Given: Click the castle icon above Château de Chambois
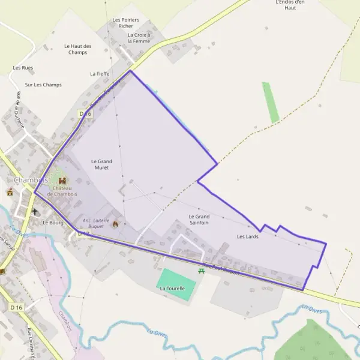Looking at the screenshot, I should (62, 181).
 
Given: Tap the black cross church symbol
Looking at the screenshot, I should (35, 212).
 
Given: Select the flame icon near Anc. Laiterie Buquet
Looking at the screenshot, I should (116, 223).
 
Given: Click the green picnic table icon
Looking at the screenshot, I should (202, 271).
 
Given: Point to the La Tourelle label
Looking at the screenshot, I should (172, 289).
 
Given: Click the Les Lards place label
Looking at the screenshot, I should (247, 236).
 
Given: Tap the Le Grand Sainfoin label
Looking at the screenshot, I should (199, 220).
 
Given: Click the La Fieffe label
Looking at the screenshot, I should (100, 74).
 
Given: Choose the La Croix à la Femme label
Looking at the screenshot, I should (139, 38).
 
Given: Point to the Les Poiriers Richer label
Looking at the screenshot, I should (126, 23).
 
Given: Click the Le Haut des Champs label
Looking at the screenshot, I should (78, 49).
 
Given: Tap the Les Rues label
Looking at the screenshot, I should (23, 68).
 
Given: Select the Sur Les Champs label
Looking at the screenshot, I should (43, 85).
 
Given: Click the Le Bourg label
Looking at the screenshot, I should (53, 222).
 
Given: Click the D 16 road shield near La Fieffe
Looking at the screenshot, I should (85, 113).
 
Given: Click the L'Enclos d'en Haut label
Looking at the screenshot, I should (290, 5).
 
